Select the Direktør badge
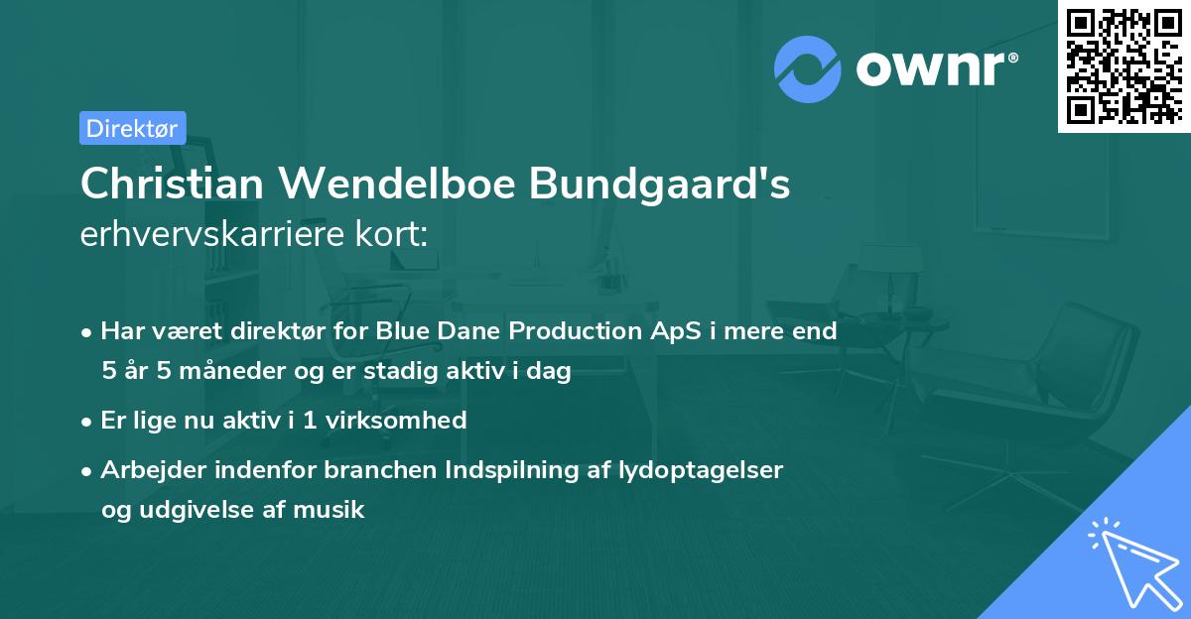tap(132, 128)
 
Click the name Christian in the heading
tap(158, 185)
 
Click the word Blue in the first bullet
tap(400, 331)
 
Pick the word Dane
tap(461, 331)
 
